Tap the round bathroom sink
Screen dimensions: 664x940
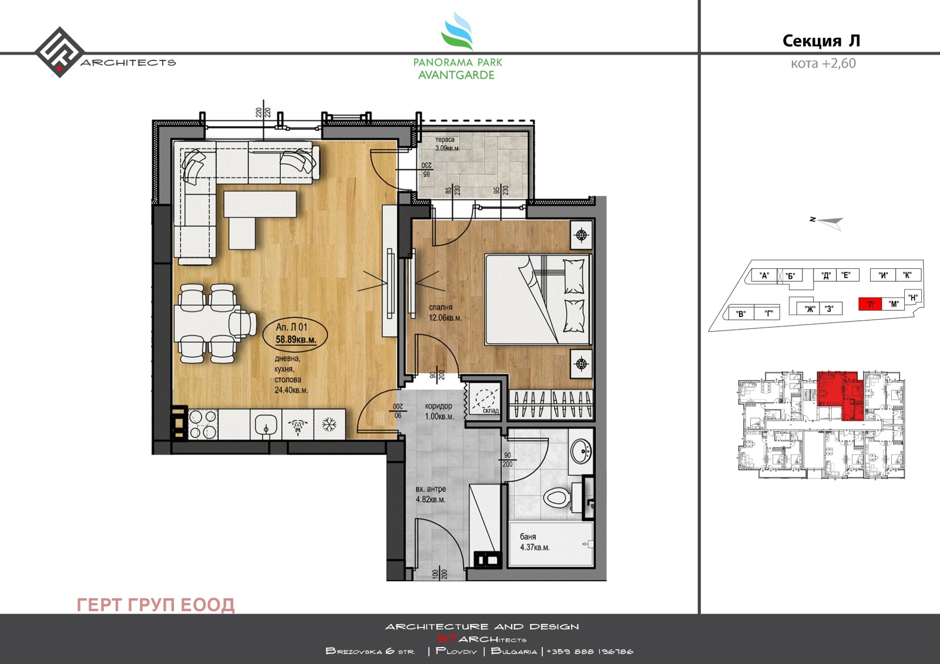click(582, 451)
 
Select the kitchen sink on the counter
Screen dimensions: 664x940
click(266, 424)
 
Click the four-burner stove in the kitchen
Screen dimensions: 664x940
click(202, 424)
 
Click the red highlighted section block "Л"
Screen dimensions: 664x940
click(870, 304)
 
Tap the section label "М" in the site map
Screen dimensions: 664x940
click(894, 304)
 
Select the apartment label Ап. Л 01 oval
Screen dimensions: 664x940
click(296, 333)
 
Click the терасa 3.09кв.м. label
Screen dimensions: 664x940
click(446, 144)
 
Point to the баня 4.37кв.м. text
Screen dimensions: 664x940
click(534, 542)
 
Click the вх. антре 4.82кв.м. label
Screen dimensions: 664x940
click(431, 494)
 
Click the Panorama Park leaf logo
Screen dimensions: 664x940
click(458, 33)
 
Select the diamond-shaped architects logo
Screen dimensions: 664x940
click(59, 52)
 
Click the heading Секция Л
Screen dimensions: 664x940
click(821, 41)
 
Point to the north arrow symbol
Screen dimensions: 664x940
click(829, 221)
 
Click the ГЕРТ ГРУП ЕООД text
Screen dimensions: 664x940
click(156, 604)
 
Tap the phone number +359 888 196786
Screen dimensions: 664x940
click(590, 651)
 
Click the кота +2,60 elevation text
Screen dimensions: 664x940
click(822, 63)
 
